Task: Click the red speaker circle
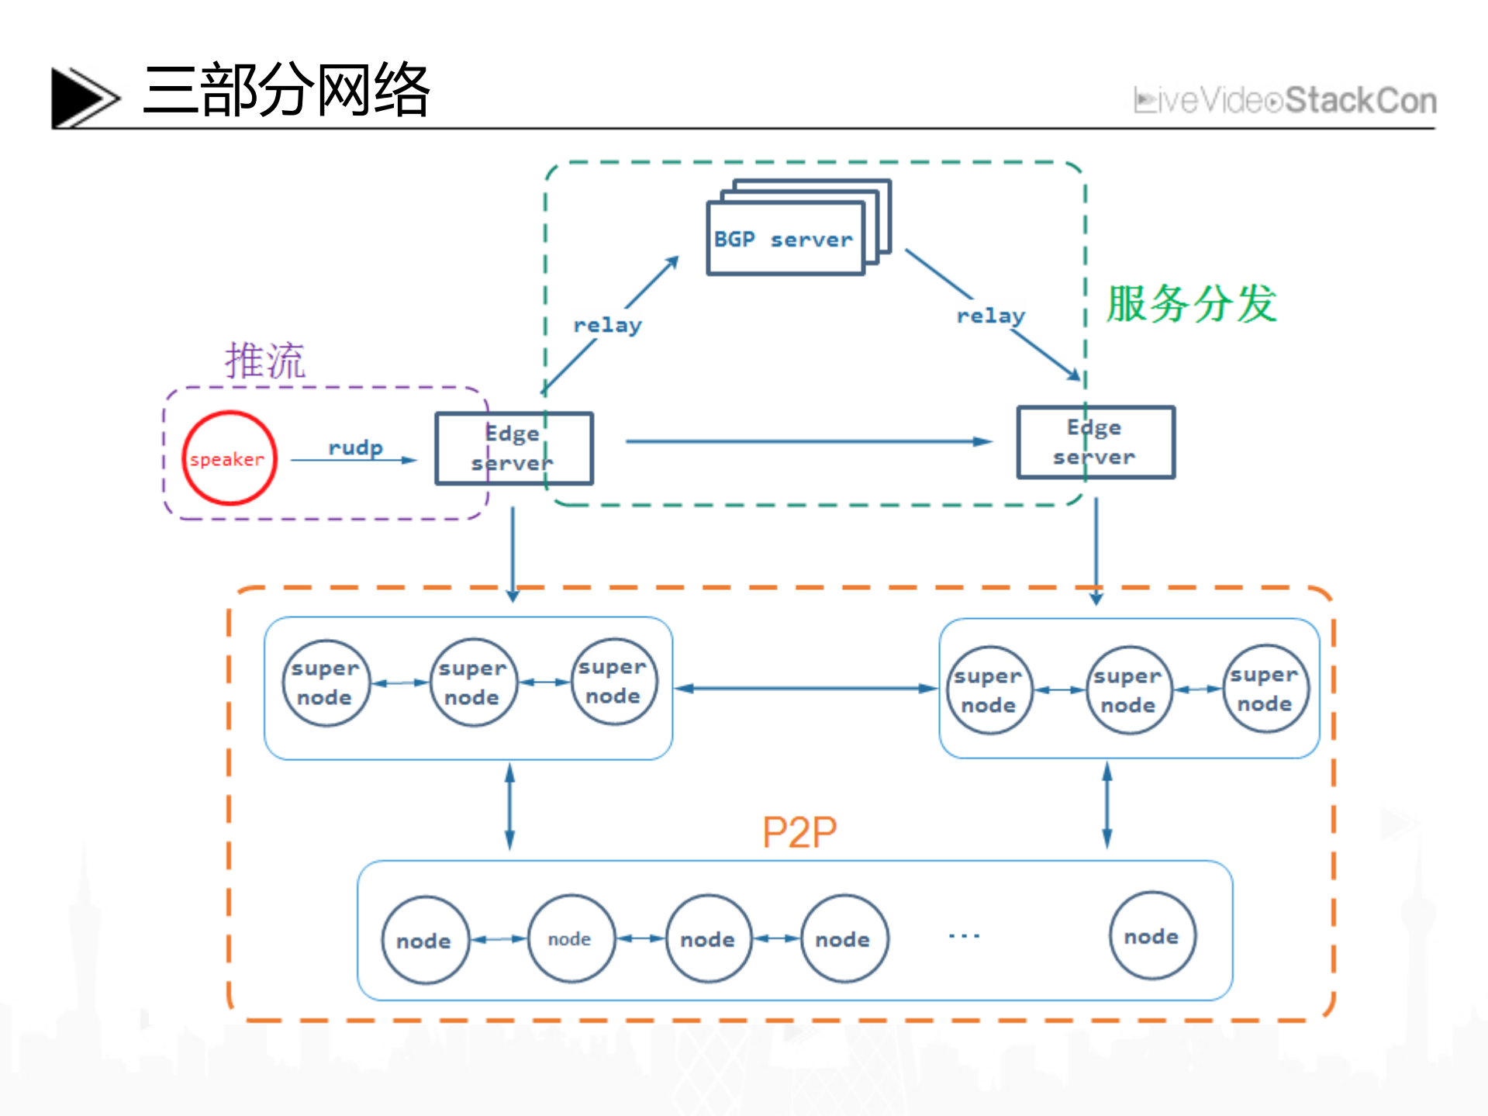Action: point(229,458)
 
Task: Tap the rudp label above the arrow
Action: point(355,448)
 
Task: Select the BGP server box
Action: point(785,239)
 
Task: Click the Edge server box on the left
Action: point(513,448)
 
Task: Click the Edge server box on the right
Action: point(1095,442)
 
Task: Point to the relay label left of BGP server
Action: point(607,325)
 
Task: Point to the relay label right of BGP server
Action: point(990,316)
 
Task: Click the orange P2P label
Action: point(799,832)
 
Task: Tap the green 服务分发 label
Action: point(1191,303)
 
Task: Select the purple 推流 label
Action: point(265,361)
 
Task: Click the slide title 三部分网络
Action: point(286,91)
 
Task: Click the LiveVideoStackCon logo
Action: point(1285,101)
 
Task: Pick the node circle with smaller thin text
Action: point(571,939)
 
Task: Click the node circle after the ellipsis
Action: point(1152,936)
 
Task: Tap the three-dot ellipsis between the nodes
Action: point(964,936)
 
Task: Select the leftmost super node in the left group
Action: point(326,682)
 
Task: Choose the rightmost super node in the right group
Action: point(1265,689)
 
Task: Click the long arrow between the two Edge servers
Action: point(806,441)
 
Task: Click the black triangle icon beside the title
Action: point(81,98)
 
